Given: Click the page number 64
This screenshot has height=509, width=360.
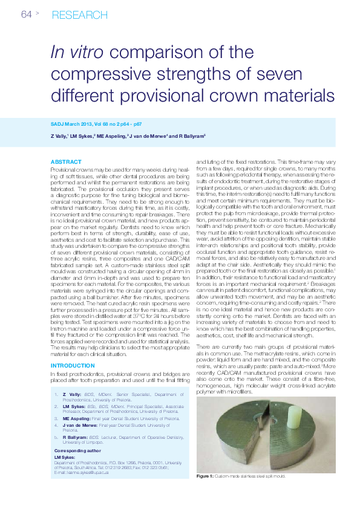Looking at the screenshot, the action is [26, 15].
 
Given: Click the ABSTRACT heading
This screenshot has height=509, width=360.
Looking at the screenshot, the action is [66, 162].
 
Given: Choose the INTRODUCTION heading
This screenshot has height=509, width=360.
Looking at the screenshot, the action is [73, 366].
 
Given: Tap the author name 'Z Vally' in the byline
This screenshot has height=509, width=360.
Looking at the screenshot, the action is [58, 136].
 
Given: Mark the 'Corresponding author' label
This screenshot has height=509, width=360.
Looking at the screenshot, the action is [77, 451].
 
